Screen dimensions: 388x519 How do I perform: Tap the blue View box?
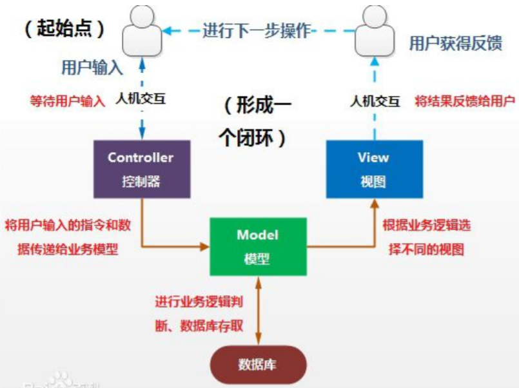[374, 169]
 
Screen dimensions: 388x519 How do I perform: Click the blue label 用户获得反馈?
[455, 43]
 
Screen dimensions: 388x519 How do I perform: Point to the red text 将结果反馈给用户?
[465, 101]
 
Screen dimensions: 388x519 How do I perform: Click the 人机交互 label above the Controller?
[141, 101]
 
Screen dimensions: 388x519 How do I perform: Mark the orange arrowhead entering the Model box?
[206, 246]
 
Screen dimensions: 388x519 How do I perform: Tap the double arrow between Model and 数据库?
[257, 309]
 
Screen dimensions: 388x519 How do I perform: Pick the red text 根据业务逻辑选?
[426, 225]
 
